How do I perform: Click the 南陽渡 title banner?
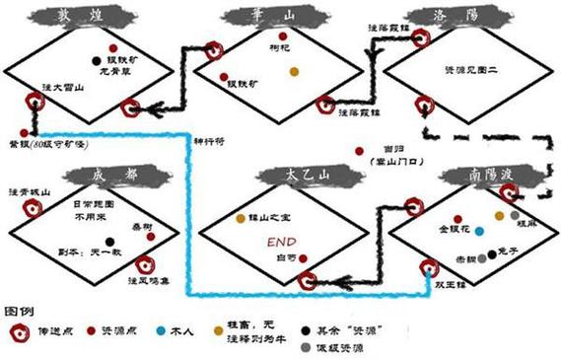[x=478, y=176]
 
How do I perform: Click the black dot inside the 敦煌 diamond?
[x=96, y=60]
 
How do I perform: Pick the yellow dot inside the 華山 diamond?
[x=293, y=71]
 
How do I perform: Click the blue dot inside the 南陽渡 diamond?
[x=479, y=231]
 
